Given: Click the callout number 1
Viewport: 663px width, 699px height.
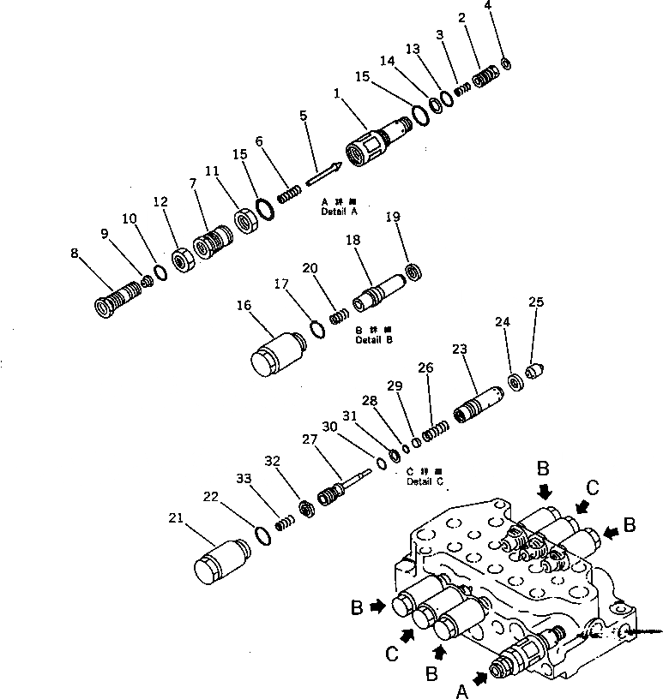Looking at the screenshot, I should pyautogui.click(x=337, y=92).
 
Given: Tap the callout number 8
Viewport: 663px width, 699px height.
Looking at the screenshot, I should pyautogui.click(x=75, y=254).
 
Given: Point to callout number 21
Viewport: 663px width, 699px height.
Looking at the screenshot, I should pyautogui.click(x=176, y=518).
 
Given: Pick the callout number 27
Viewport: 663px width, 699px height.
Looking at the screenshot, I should pyautogui.click(x=307, y=439).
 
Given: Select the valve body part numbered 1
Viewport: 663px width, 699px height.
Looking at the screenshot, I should pyautogui.click(x=375, y=140).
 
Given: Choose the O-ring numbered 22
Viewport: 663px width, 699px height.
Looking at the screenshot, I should pyautogui.click(x=264, y=537).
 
